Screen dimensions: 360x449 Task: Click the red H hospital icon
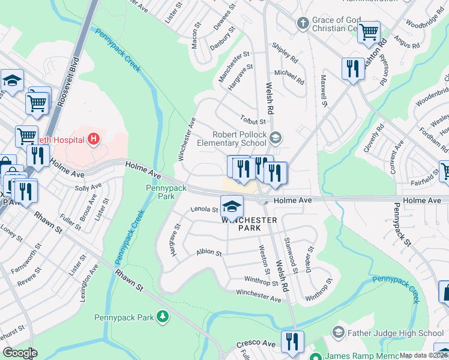point(93,140)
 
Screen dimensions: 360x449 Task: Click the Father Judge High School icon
point(338,332)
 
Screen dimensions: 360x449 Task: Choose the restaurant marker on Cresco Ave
point(292,341)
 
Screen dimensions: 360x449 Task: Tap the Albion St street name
point(209,253)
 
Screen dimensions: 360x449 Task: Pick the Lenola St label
point(203,210)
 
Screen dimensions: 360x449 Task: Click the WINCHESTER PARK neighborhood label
point(250,225)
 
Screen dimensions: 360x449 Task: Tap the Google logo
point(20,353)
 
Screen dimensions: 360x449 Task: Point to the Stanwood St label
point(291,252)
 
